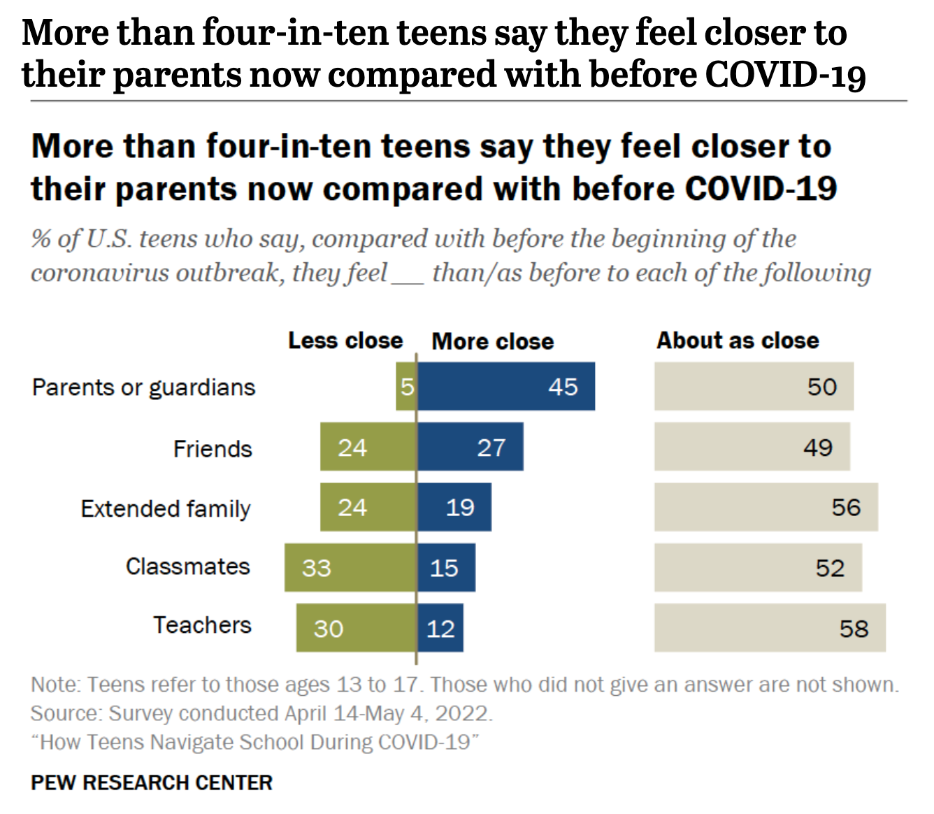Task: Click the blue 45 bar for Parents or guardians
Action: click(x=506, y=386)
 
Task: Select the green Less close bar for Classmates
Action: click(x=350, y=567)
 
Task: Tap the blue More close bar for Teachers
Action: click(x=440, y=628)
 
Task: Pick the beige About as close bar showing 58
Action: click(x=770, y=628)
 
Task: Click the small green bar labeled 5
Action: click(x=406, y=386)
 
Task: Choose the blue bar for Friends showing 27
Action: click(x=470, y=447)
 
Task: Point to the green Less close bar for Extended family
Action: click(x=368, y=507)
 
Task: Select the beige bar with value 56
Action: click(x=766, y=507)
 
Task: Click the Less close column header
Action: click(x=345, y=341)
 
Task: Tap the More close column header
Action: click(x=493, y=341)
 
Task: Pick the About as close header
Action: click(x=738, y=341)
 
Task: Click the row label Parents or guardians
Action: click(x=144, y=387)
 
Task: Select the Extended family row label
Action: click(x=166, y=508)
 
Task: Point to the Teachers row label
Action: click(x=202, y=624)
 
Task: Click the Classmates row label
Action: click(x=187, y=566)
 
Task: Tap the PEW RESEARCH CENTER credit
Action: click(x=152, y=783)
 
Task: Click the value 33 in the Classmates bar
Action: click(x=316, y=567)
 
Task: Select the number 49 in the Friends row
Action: click(x=817, y=447)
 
